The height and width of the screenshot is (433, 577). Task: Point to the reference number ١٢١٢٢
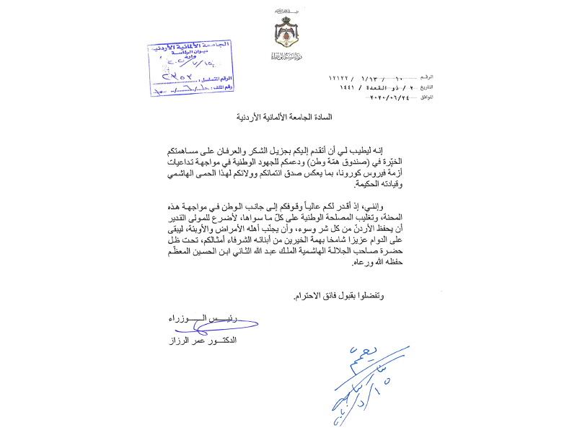click(340, 76)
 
